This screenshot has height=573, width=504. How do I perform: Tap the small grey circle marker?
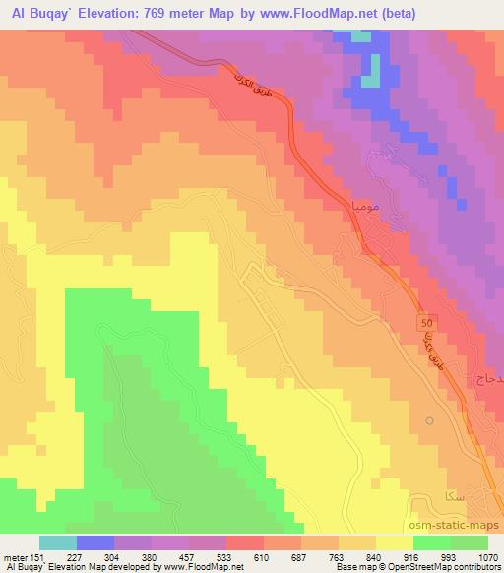(429, 420)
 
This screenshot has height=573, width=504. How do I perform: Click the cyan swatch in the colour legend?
(58, 542)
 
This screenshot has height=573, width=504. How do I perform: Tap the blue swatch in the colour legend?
(95, 542)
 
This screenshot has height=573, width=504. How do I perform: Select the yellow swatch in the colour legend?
(395, 542)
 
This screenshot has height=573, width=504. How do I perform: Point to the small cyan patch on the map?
(363, 38)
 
